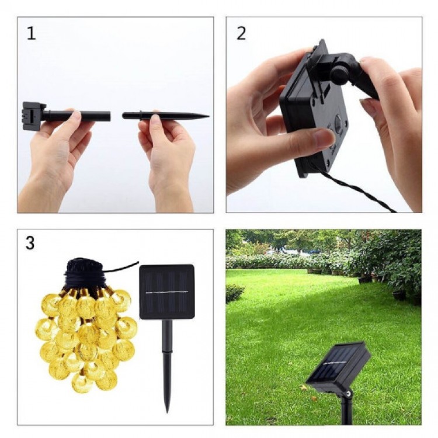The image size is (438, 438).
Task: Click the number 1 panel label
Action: [32, 33]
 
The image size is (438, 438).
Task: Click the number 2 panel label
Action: [241, 33]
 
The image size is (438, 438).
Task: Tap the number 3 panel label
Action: [30, 243]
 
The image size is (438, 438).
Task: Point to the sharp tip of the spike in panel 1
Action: [208, 116]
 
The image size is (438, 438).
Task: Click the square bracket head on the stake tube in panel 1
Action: [33, 116]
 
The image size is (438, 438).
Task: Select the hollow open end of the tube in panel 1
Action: [109, 116]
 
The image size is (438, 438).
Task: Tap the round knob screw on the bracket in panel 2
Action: [339, 75]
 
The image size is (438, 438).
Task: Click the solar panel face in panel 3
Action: [167, 291]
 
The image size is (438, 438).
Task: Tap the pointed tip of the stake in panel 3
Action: [168, 411]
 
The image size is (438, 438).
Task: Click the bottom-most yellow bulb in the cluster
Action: [81, 383]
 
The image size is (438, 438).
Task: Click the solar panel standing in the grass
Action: [339, 366]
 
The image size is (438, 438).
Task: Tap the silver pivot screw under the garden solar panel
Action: [348, 394]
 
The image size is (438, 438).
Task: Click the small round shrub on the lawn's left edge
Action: [234, 293]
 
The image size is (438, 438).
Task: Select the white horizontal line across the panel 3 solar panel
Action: [167, 292]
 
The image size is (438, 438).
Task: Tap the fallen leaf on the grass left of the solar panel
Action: [303, 387]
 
